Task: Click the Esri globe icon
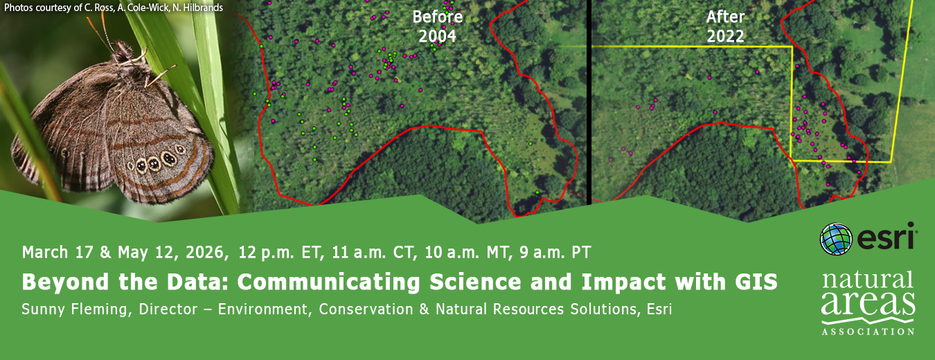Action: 836,239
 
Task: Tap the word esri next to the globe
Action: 886,237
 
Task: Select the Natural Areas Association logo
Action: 869,303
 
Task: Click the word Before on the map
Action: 438,17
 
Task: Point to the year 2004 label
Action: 438,36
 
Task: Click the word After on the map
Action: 725,17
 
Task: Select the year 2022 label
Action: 725,36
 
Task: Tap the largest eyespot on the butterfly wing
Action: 169,158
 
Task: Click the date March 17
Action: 58,253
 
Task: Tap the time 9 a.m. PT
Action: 555,253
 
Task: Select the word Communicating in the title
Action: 328,282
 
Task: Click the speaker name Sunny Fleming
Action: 74,309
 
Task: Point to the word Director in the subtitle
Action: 168,309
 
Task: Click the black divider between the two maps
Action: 589,102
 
